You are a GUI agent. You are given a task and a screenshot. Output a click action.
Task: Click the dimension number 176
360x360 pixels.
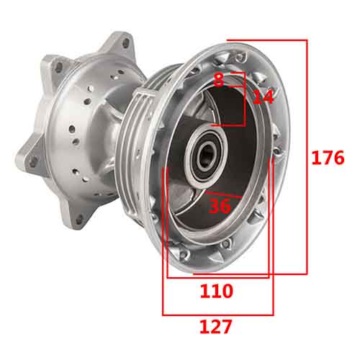tap(328, 158)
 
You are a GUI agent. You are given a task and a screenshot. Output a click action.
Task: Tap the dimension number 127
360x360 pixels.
tap(217, 327)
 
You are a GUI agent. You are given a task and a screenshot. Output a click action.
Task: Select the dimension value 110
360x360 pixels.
tap(217, 291)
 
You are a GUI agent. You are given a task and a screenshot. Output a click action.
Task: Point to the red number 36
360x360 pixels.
tap(220, 206)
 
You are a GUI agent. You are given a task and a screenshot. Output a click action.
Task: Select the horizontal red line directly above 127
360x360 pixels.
tap(217, 315)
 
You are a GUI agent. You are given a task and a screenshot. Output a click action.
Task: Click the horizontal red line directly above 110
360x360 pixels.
tap(217, 277)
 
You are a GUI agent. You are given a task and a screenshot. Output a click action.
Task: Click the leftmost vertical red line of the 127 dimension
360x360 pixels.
tap(163, 238)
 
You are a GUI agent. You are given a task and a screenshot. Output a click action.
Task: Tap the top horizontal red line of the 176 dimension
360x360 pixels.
tap(266, 40)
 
